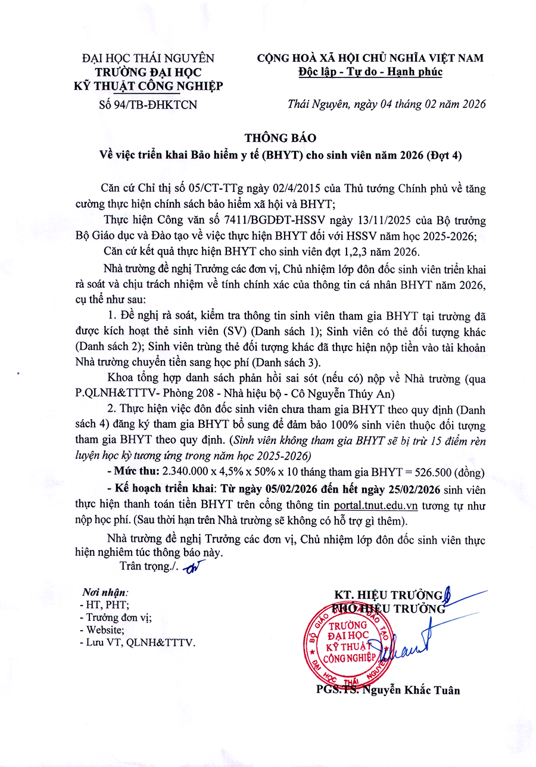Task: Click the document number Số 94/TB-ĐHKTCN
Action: coord(148,104)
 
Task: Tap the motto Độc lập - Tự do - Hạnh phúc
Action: coord(370,73)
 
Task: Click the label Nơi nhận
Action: coord(105,592)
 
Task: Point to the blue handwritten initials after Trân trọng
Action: coord(191,567)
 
